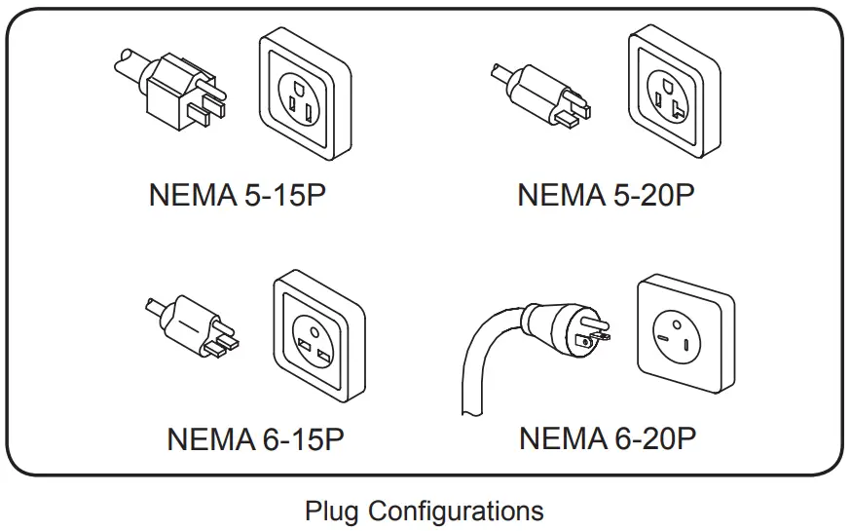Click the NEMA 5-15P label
pos(237,194)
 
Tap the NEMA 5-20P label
pos(606,194)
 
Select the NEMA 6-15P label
pos(255,439)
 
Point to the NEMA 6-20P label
pos(607,438)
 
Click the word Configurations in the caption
pos(456,511)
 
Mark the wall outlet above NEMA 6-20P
pos(684,335)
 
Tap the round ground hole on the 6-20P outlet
pos(671,322)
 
